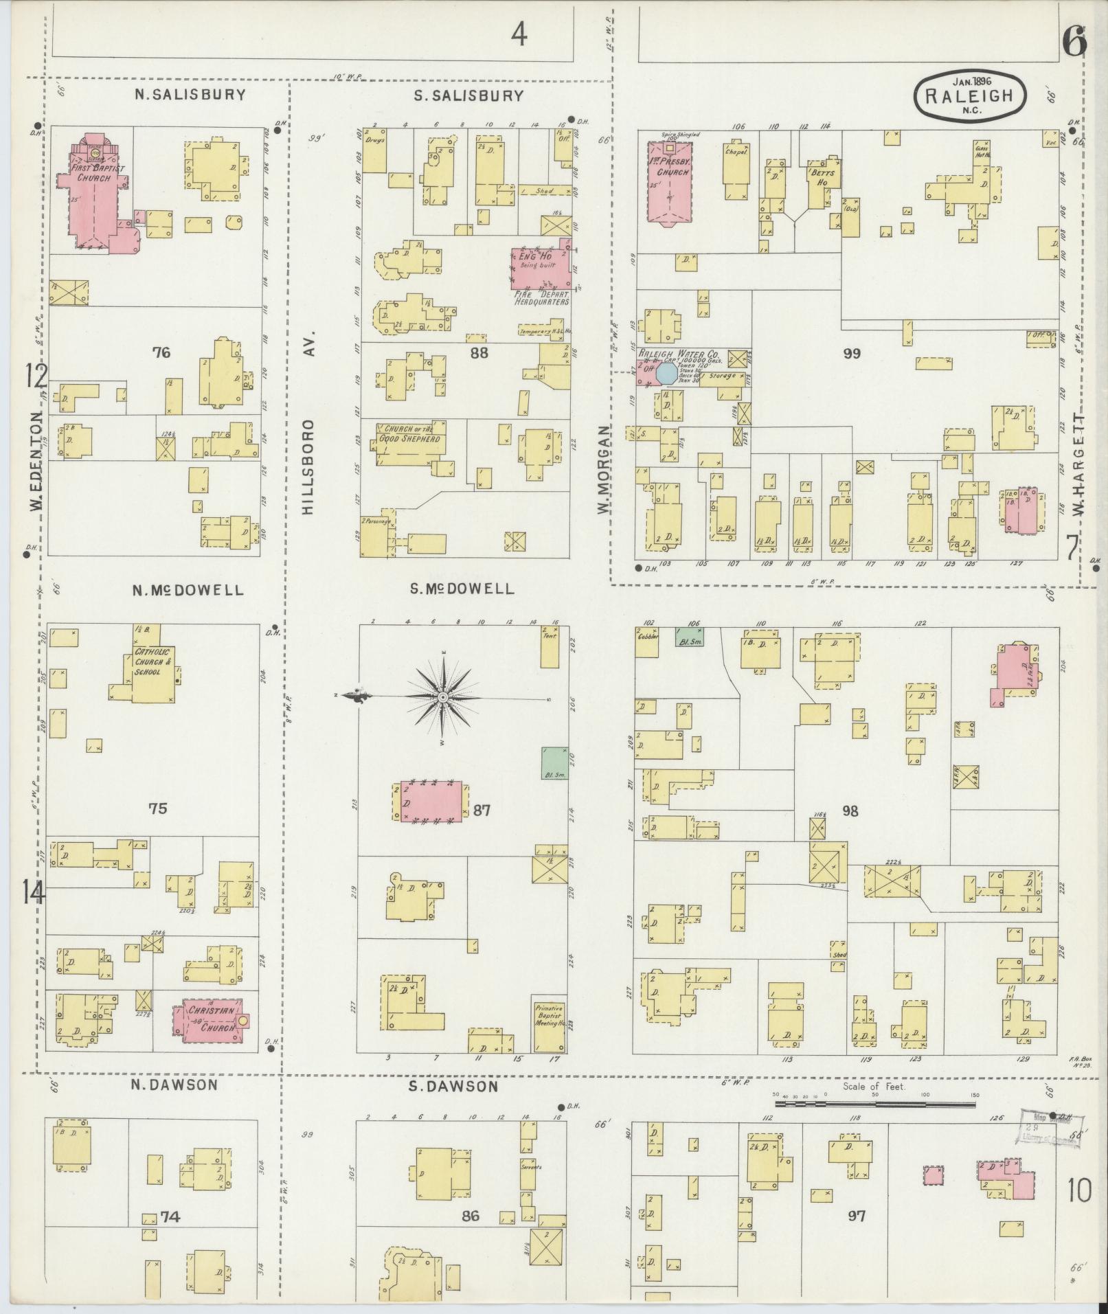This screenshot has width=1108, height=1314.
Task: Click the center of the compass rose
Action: point(443,698)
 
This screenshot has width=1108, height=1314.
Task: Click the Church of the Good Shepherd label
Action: point(410,433)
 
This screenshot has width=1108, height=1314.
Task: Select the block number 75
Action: point(158,808)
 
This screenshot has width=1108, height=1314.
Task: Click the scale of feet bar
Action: point(874,1105)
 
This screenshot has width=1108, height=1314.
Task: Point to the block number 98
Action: point(850,811)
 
